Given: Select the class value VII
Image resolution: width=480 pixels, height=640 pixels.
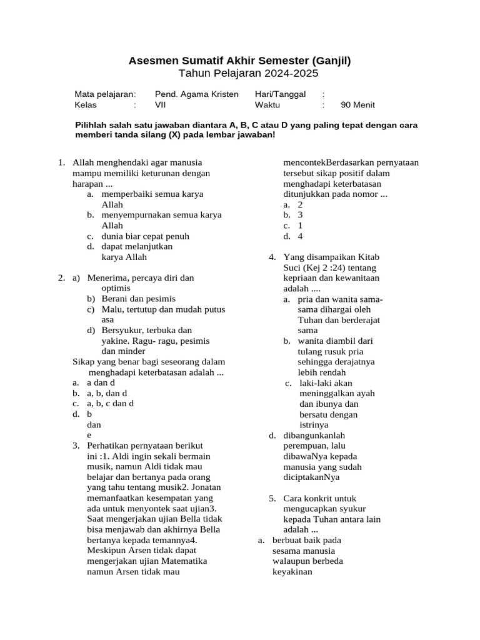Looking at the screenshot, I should [x=161, y=105].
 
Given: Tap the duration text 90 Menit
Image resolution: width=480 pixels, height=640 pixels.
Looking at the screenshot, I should [x=358, y=105].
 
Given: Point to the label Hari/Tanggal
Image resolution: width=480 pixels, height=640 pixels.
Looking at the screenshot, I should [x=280, y=94].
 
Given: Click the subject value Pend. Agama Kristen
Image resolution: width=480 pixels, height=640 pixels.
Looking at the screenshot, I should [x=196, y=94].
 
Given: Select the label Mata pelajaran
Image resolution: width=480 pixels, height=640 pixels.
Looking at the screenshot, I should [x=105, y=94].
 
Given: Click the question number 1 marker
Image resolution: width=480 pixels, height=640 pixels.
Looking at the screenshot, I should [x=61, y=162].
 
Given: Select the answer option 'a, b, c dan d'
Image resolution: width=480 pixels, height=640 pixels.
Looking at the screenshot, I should [x=110, y=403].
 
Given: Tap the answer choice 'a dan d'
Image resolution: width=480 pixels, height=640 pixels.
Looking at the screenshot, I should [x=101, y=382].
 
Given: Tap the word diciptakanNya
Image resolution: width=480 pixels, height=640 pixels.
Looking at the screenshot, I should [x=311, y=477].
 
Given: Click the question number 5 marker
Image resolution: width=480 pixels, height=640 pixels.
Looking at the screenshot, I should [x=272, y=498].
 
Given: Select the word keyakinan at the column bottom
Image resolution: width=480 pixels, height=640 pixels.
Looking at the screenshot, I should [x=292, y=571].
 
